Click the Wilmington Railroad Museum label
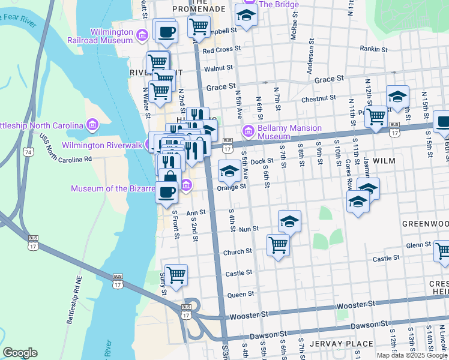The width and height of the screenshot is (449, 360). tap(111, 36)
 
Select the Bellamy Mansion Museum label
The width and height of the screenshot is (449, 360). tap(290, 133)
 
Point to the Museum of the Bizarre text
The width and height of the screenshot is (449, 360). tap(113, 188)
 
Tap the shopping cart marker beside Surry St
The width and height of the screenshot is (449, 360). tap(176, 275)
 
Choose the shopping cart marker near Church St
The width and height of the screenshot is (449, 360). tap(278, 245)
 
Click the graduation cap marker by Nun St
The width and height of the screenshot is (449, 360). tap(289, 221)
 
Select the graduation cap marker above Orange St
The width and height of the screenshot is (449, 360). tap(229, 172)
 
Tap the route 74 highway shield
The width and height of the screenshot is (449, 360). tap(29, 154)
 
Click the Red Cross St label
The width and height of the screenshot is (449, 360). tap(221, 50)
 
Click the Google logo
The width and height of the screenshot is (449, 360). tap(20, 353)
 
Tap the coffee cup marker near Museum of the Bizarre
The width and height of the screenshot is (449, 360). tap(166, 193)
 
